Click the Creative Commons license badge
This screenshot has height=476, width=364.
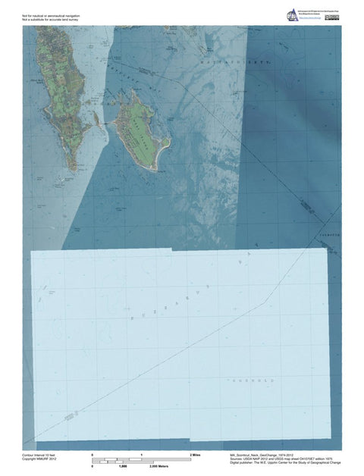click(x=331, y=15)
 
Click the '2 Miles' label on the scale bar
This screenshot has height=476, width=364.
click(x=195, y=453)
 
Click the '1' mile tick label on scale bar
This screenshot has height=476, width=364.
click(x=142, y=453)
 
